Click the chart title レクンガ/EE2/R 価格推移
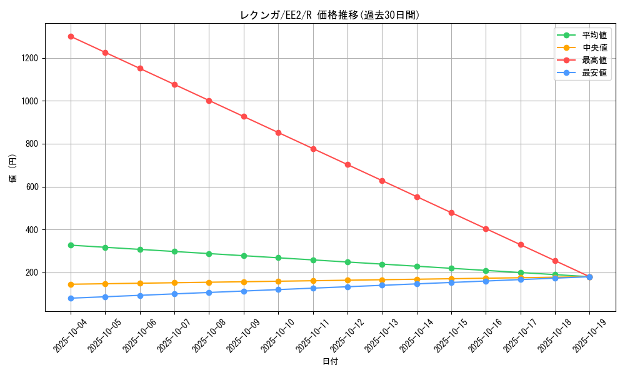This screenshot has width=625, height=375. (330, 15)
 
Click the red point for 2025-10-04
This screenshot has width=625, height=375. (71, 36)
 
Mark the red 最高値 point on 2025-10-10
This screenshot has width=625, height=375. (278, 132)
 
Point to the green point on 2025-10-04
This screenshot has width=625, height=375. (71, 245)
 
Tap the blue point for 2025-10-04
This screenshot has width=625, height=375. (71, 298)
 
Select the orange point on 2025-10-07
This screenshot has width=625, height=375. (174, 282)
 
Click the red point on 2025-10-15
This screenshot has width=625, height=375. (451, 212)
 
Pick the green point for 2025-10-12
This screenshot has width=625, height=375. (347, 262)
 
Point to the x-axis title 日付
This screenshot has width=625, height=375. (330, 362)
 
